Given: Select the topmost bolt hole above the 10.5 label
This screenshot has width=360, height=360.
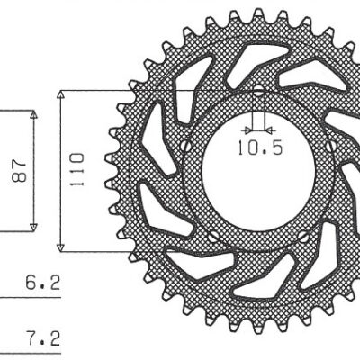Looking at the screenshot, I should click(259, 91).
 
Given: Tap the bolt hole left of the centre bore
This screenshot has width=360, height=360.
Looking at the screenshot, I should click(186, 145).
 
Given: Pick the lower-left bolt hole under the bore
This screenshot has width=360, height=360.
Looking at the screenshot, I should click(214, 237).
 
